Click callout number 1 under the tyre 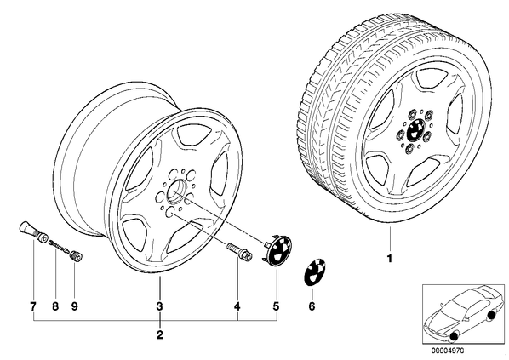(x=390, y=259)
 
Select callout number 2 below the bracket (x=159, y=334)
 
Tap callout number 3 (x=159, y=306)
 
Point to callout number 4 (x=237, y=306)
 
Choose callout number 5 (x=276, y=306)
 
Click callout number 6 (x=312, y=306)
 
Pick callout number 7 (x=33, y=306)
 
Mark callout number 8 (x=55, y=306)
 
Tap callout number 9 (x=75, y=306)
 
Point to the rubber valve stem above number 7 (x=32, y=231)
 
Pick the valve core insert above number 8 (x=59, y=246)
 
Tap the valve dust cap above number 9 (x=77, y=256)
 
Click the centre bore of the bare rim (x=176, y=191)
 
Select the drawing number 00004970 (x=448, y=351)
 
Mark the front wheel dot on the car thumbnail (x=454, y=337)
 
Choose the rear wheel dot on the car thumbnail (x=491, y=315)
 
